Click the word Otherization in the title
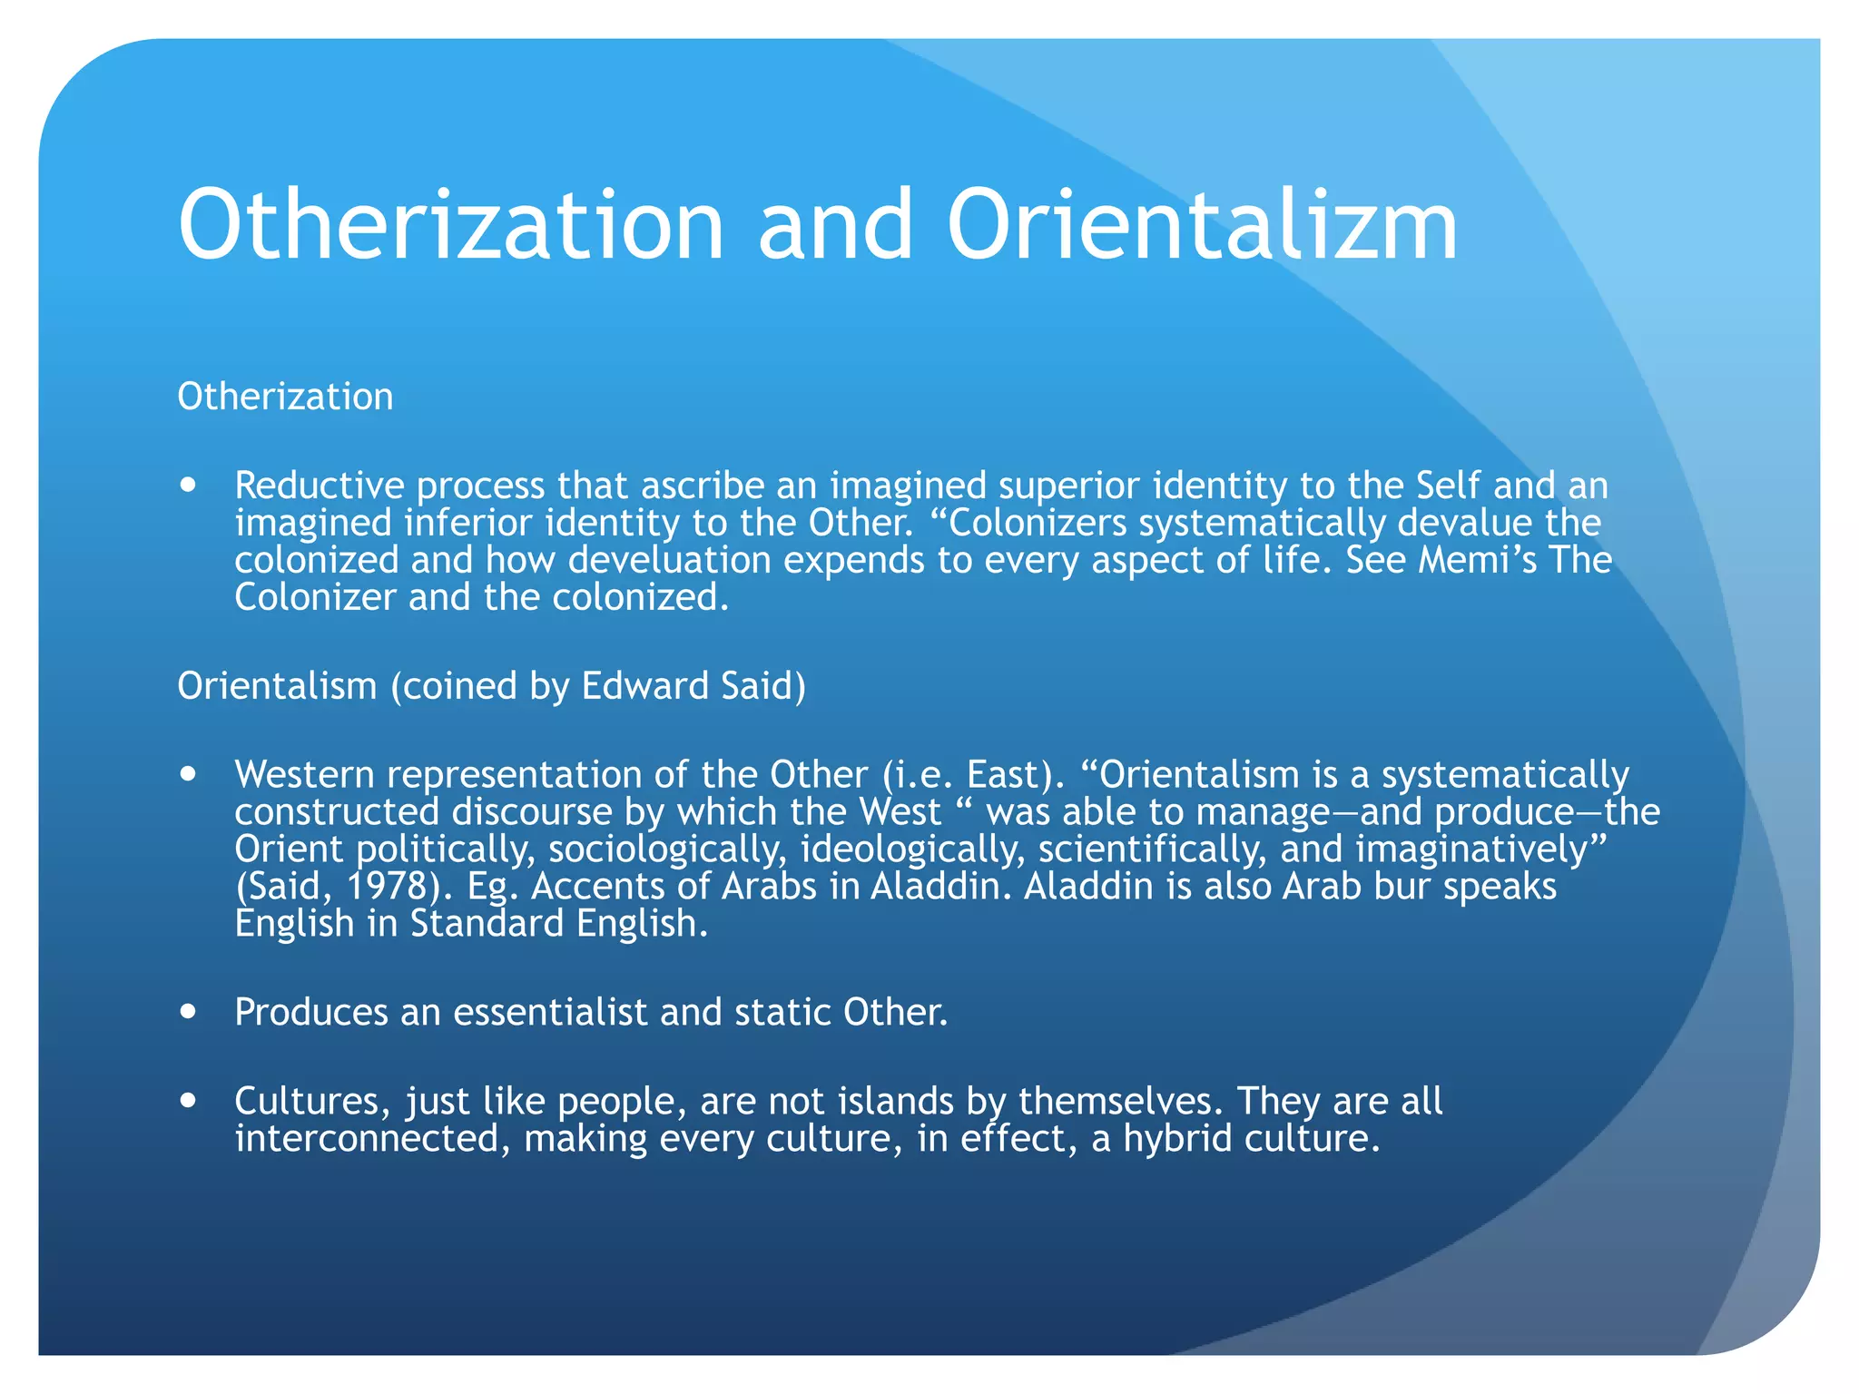pyautogui.click(x=451, y=225)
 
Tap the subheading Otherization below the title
pyautogui.click(x=285, y=397)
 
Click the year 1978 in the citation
pyautogui.click(x=388, y=886)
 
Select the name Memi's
pyautogui.click(x=1477, y=560)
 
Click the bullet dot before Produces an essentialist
pyautogui.click(x=188, y=1012)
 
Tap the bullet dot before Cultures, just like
pyautogui.click(x=188, y=1101)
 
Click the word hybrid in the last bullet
pyautogui.click(x=1177, y=1138)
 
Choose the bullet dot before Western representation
pyautogui.click(x=188, y=774)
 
